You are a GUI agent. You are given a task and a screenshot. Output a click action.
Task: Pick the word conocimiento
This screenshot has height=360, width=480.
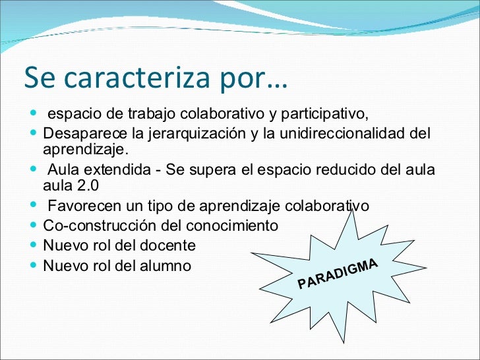pos(239,226)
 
